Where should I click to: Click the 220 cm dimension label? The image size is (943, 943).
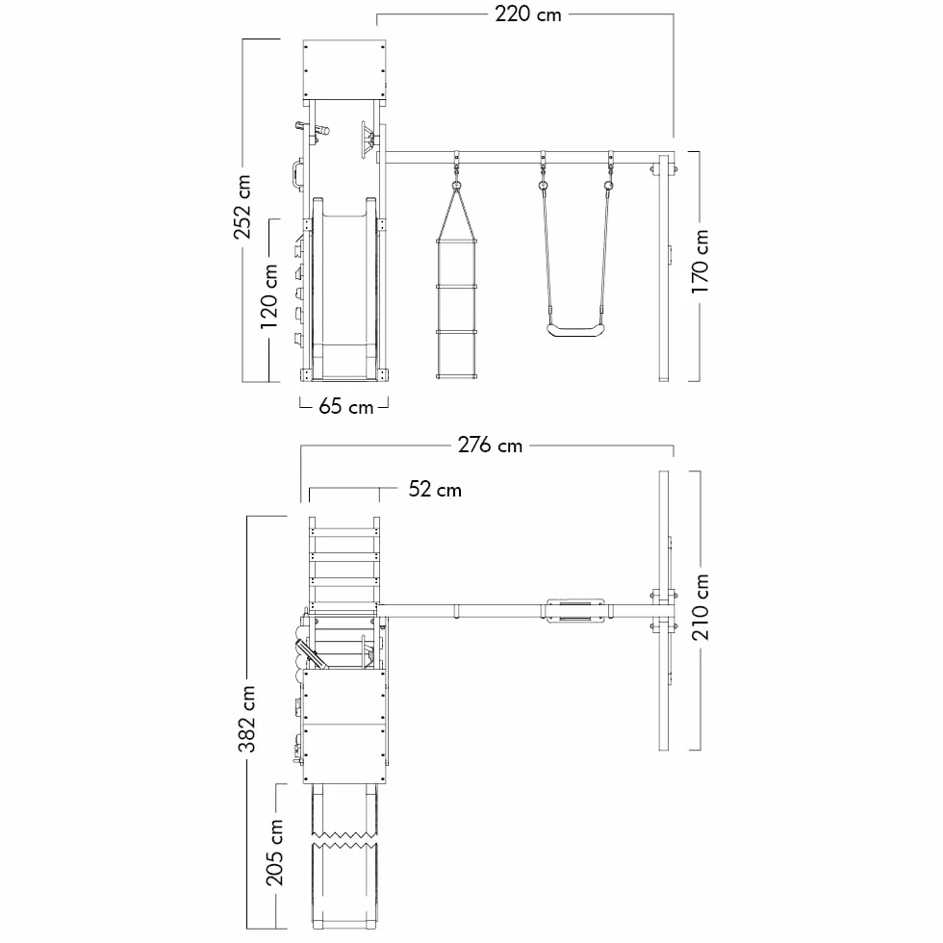pos(528,13)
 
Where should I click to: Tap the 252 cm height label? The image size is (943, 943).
pos(242,207)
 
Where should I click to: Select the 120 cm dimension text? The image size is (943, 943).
pos(268,296)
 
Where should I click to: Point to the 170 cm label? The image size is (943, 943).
pos(700,261)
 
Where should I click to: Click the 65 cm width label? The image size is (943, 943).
pos(345,406)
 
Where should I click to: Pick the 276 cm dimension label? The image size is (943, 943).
pos(490,445)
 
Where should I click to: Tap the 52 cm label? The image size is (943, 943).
pos(435,490)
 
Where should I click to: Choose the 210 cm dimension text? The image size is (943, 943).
pos(701,607)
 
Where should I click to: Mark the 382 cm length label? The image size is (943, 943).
pos(246,720)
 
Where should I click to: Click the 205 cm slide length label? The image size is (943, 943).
pos(274,853)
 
